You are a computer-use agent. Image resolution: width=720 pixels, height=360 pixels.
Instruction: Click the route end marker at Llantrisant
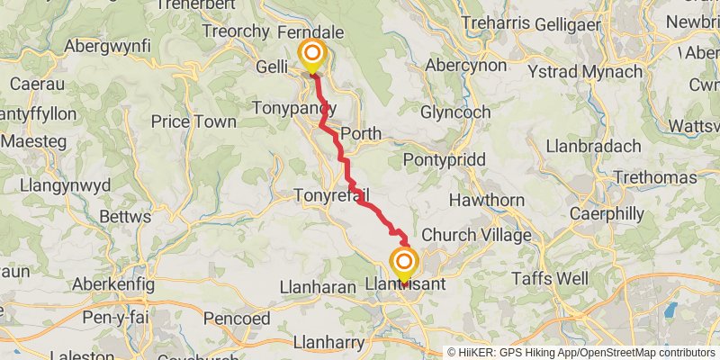[x=404, y=263]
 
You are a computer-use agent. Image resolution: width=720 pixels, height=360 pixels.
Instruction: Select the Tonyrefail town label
[x=332, y=195]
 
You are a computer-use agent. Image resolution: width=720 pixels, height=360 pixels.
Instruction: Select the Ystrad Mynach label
[x=607, y=68]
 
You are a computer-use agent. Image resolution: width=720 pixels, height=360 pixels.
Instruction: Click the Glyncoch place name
[x=455, y=112]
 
